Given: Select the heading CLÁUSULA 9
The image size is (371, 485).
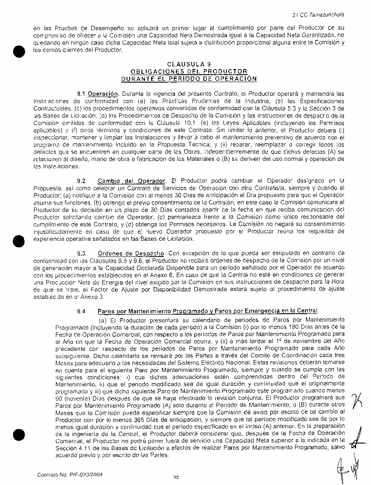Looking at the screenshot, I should [189, 64].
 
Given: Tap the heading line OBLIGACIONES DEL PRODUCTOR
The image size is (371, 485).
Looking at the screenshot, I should [189, 71].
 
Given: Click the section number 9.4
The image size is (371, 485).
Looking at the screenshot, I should [81, 311].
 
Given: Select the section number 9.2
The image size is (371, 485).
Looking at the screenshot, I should [81, 180].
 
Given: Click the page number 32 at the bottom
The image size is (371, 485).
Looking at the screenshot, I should [176, 478].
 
